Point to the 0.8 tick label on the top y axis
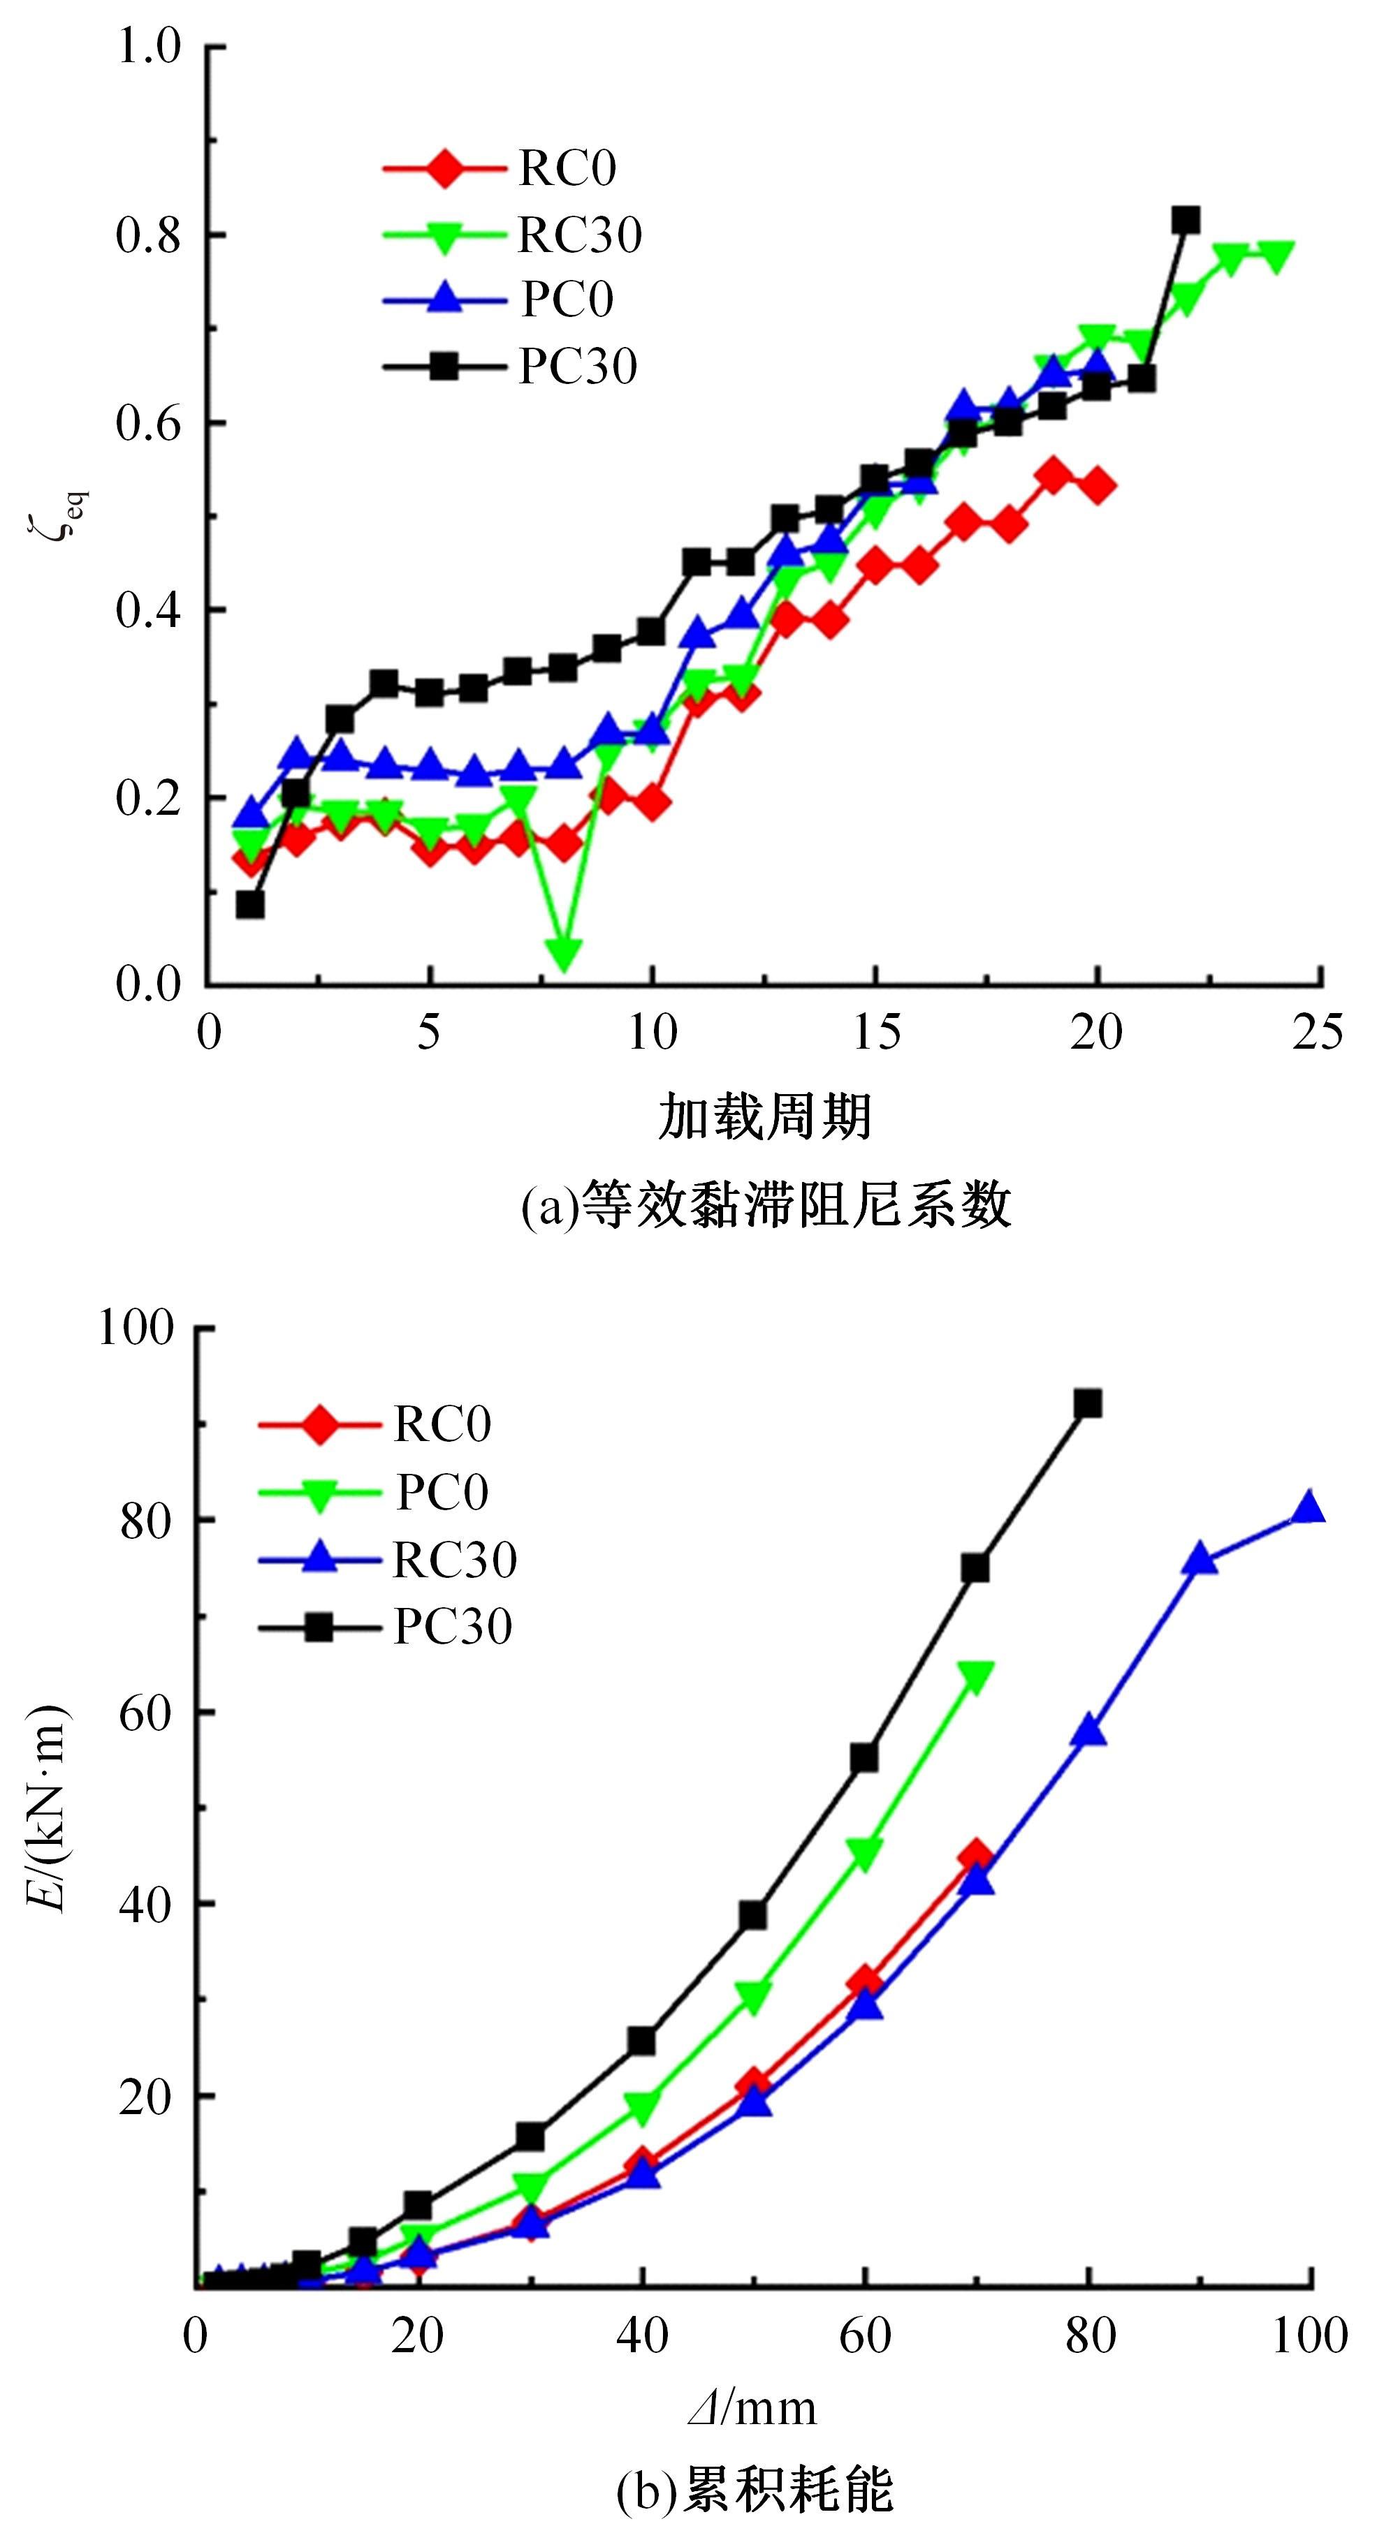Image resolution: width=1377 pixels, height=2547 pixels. click(x=148, y=236)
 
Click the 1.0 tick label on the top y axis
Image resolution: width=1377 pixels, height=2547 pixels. click(x=148, y=47)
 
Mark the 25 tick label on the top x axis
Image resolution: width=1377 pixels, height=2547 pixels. click(x=1318, y=1033)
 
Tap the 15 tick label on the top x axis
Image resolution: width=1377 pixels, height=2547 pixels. click(x=875, y=1033)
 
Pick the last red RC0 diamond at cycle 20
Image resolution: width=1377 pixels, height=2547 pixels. click(x=1097, y=485)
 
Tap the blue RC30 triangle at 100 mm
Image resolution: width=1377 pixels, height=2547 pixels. click(x=1309, y=1508)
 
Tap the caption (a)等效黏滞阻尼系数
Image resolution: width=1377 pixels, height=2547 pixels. click(x=766, y=1204)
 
